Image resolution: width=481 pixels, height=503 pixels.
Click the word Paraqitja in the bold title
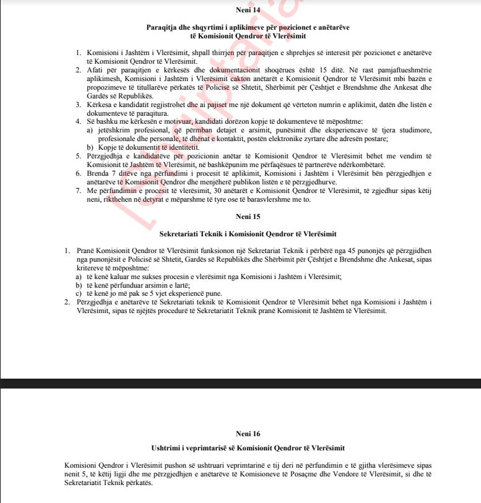click(158, 28)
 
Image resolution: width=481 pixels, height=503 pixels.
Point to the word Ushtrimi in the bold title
click(165, 447)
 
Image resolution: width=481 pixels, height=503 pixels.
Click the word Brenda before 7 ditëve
click(98, 174)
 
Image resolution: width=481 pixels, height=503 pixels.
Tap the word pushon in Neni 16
click(144, 465)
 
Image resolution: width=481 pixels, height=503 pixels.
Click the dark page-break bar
click(240, 382)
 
